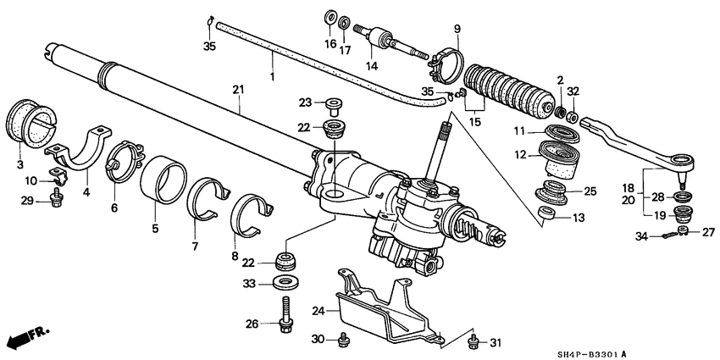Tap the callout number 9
point(457,30)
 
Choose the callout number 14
point(368,65)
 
